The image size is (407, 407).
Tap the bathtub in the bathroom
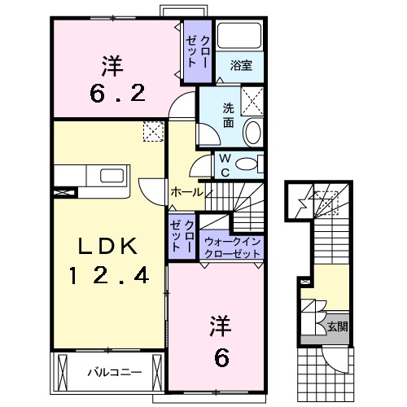pos(242,37)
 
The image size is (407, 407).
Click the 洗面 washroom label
pos(229,116)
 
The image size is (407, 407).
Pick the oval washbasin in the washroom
pos(252,131)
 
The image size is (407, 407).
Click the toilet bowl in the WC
pos(250,164)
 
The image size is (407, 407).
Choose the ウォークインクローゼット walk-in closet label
pos(233,247)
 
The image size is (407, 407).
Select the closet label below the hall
pos(183,234)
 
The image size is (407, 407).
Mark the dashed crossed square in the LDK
pos(151,132)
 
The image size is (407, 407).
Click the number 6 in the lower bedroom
pos(221,355)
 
